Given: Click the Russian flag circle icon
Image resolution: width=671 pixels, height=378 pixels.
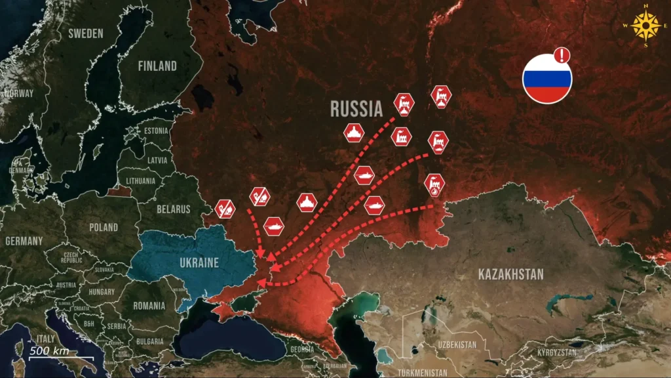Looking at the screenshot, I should coord(546,79).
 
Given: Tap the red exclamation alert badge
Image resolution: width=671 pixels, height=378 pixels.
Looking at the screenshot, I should coord(562,55).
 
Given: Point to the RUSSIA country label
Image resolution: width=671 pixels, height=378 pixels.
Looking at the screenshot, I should coord(356,108).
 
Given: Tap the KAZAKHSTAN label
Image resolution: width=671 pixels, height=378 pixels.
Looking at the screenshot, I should coord(511,274).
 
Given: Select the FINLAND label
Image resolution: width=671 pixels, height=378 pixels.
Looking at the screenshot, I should coord(157,66).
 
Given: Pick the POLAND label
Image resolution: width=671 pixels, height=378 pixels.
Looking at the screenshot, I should coord(104,227).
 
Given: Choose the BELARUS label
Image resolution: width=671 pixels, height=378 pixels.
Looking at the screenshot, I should coord(174,209).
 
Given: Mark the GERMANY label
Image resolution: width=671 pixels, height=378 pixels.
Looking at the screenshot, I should coord(24,241).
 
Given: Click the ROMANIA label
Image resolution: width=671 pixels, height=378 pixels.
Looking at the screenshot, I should coord(149,306).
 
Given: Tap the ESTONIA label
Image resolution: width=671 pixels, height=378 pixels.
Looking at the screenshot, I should coord(156,131).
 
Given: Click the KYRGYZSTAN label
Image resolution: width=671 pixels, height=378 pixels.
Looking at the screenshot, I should coord(557,352).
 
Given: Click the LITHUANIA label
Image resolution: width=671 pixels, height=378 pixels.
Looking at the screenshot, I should coord(141,180).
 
